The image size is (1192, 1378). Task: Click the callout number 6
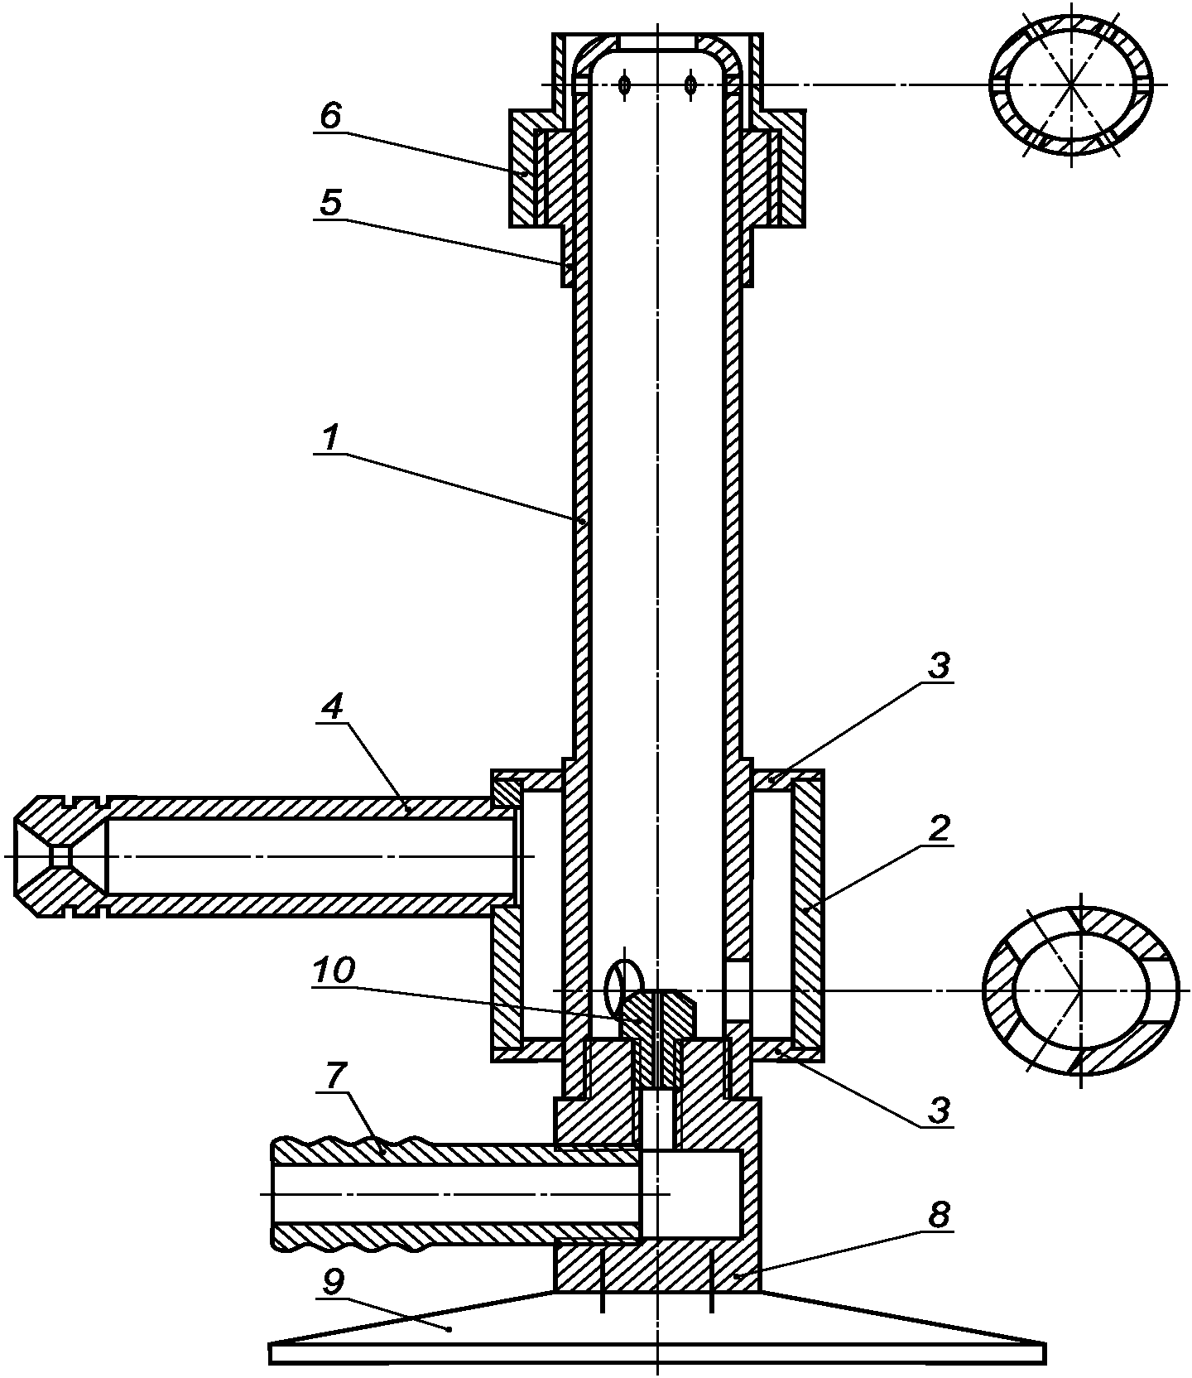click(x=330, y=117)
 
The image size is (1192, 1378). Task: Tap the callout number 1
click(x=330, y=438)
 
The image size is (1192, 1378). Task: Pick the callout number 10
click(x=334, y=970)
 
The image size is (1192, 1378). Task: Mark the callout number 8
click(x=940, y=1216)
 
